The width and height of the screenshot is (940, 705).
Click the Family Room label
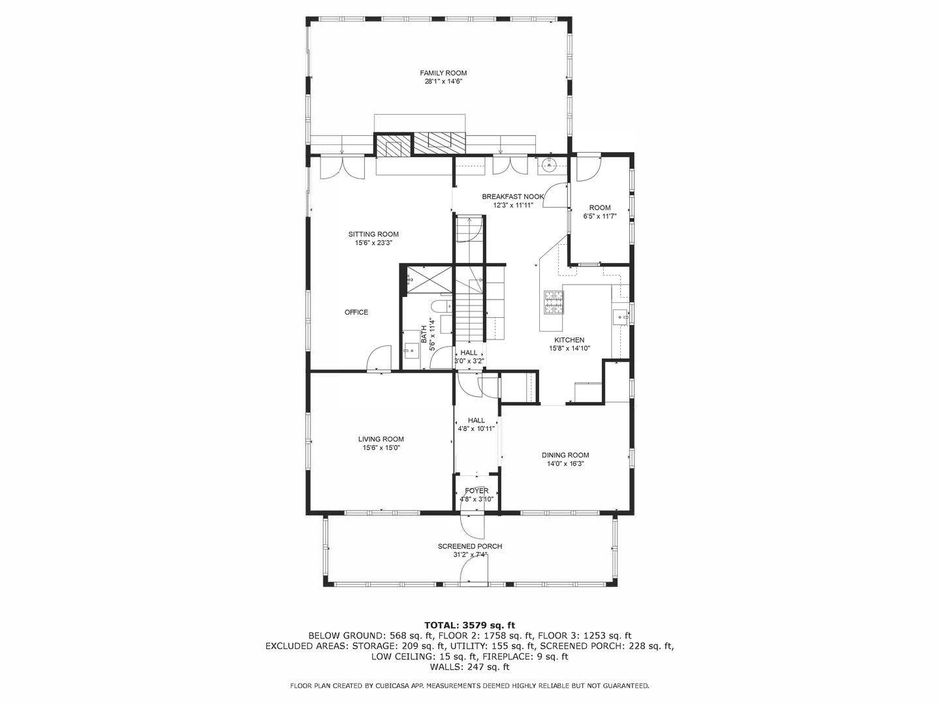443,73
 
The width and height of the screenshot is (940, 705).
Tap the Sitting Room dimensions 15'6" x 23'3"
373,243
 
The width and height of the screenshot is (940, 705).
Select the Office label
356,313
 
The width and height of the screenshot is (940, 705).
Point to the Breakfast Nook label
512,197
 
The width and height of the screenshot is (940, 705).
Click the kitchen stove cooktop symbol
554,303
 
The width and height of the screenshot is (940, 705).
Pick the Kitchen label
569,340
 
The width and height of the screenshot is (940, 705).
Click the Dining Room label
565,455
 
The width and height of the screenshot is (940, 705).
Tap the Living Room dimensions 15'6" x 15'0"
381,448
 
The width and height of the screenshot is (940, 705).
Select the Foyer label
477,491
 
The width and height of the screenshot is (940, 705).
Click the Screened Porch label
470,546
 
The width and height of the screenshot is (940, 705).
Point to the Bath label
424,334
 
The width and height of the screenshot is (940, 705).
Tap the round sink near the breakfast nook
548,163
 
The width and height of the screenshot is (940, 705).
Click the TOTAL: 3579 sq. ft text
469,625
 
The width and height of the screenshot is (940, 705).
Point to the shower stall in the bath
429,280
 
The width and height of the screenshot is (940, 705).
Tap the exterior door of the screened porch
474,571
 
